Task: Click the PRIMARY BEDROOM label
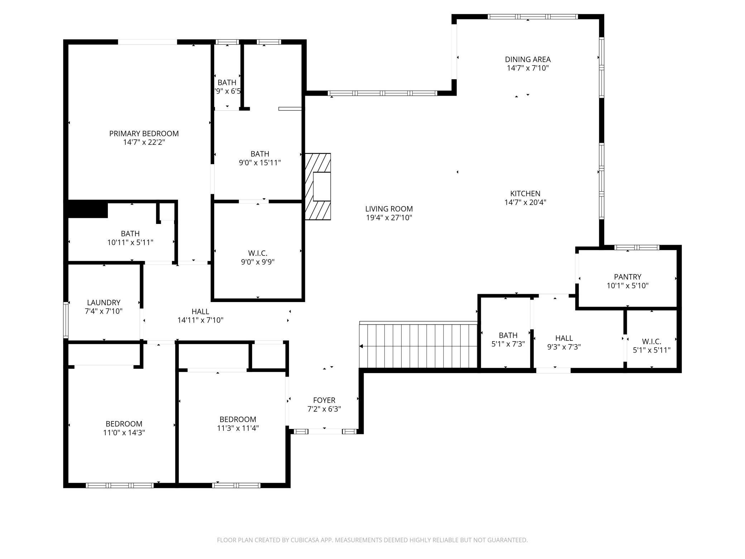[144, 133]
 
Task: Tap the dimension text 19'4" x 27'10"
[389, 218]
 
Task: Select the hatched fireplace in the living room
[318, 186]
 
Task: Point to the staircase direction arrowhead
[361, 346]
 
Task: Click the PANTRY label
[627, 277]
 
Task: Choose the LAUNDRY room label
[104, 302]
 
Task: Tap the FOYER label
[324, 400]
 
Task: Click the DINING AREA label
[528, 59]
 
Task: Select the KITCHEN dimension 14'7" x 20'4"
[525, 202]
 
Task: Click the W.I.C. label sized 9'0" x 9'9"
[258, 253]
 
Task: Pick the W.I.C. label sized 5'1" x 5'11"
[651, 341]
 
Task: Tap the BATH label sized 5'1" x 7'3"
[508, 335]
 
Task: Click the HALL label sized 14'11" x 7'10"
[200, 311]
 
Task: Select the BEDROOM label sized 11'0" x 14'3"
[124, 424]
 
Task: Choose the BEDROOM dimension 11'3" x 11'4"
[238, 428]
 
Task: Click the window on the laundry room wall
[66, 320]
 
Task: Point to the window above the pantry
[636, 247]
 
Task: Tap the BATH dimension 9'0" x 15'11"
[260, 163]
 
